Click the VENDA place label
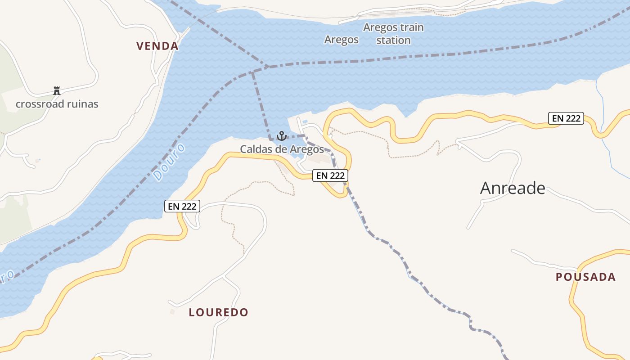157,46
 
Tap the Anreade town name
513,188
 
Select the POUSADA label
585,277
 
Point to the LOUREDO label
218,312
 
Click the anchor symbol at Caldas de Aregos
281,135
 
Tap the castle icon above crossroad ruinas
57,91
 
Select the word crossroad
40,104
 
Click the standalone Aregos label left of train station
342,40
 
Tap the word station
394,40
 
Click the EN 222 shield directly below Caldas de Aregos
330,175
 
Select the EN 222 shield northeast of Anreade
566,119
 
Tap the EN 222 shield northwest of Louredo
182,206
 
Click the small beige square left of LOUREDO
172,311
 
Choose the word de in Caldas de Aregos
281,149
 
